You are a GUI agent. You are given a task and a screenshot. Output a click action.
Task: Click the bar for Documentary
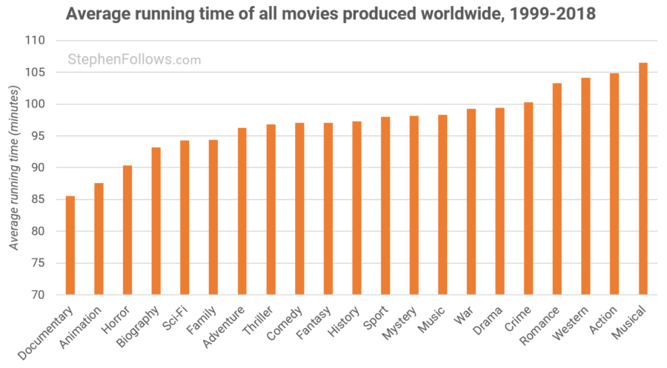70,245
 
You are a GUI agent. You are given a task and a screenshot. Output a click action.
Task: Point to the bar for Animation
99,238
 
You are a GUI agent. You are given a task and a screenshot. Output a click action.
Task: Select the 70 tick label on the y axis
37,295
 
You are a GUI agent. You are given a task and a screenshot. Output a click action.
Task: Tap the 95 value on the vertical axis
37,136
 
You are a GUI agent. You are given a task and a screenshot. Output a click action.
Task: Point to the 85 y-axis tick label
37,199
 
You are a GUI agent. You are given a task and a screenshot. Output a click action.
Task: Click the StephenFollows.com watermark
134,60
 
